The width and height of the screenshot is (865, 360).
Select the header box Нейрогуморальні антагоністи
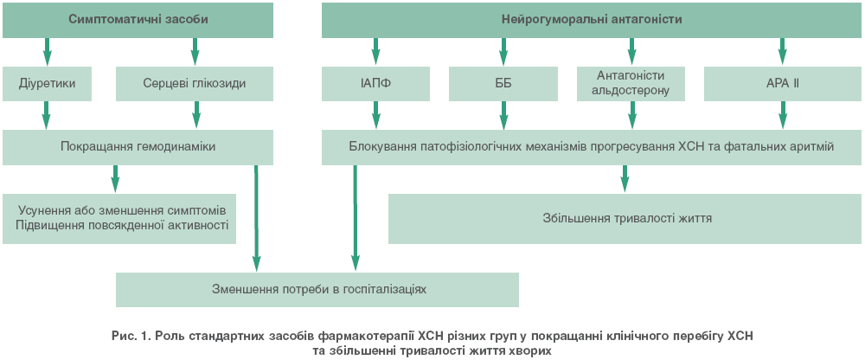592,20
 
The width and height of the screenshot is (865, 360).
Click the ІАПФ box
375,84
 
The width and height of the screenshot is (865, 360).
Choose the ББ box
503,84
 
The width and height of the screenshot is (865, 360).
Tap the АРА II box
783,84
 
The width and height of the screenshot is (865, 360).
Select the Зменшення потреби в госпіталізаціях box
317,290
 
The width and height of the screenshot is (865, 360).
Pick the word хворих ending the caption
530,350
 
